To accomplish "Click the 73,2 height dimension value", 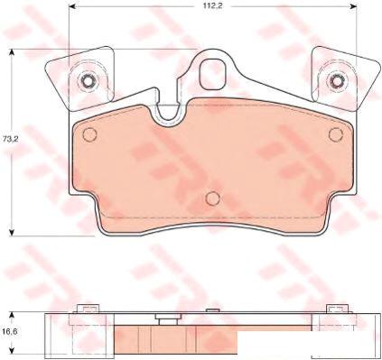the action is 11,139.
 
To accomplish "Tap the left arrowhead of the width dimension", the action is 72,5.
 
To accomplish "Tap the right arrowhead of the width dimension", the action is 353,5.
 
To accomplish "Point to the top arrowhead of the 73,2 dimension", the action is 12,52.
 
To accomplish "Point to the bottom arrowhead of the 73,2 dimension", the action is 12,233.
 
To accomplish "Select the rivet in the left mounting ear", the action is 88,80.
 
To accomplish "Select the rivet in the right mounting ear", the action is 336,80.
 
